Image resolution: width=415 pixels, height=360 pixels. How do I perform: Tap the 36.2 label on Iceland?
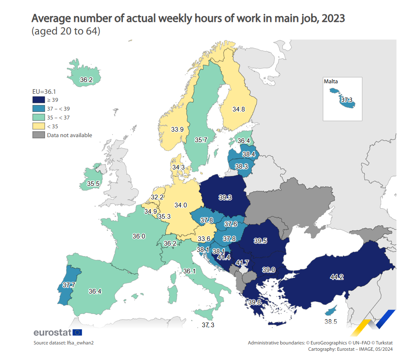click(86, 79)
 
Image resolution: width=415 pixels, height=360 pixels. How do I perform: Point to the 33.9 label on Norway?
click(177, 130)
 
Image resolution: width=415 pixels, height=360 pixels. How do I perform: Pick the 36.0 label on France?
click(138, 236)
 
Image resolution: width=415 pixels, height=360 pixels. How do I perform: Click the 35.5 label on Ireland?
click(93, 184)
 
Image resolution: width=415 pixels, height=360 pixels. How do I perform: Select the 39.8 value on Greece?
click(255, 302)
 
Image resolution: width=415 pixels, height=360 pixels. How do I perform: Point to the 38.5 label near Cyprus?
click(331, 321)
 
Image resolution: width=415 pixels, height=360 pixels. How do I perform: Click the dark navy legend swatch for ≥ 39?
click(38, 100)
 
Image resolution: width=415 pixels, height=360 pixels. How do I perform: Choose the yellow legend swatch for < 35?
click(38, 126)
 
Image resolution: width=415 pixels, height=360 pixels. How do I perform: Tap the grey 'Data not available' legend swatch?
click(38, 135)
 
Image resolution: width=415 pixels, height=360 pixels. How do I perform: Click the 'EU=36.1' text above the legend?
click(45, 91)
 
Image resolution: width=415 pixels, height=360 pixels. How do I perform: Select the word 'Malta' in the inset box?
click(331, 82)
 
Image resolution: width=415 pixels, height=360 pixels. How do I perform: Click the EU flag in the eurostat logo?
click(77, 332)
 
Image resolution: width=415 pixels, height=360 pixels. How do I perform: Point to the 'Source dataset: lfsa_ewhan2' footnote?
click(64, 343)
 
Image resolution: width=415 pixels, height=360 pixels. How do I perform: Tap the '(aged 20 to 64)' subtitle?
click(66, 32)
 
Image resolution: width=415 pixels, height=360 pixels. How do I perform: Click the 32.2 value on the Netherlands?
click(157, 197)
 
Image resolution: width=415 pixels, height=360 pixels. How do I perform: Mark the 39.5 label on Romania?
click(261, 241)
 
